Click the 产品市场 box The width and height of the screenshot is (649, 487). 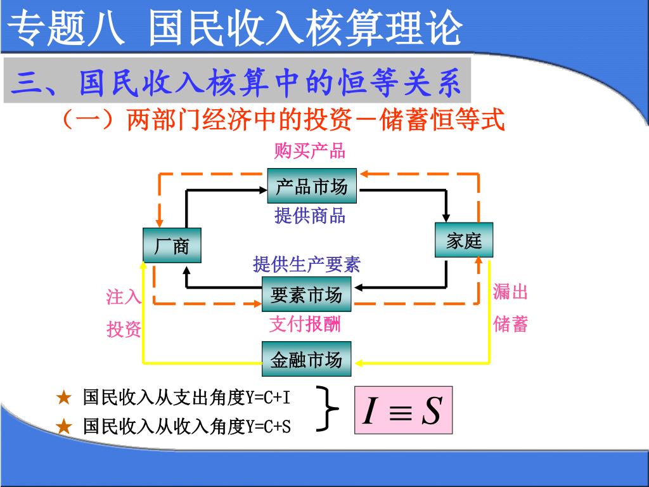pyautogui.click(x=312, y=186)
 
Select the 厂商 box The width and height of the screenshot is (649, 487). pyautogui.click(x=171, y=245)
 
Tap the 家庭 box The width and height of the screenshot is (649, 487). pyautogui.click(x=464, y=240)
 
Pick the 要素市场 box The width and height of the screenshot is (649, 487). pyautogui.click(x=307, y=295)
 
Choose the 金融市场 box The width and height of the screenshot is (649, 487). pyautogui.click(x=307, y=360)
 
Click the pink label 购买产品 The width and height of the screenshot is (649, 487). pyautogui.click(x=309, y=151)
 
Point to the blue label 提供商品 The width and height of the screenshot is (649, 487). pyautogui.click(x=309, y=216)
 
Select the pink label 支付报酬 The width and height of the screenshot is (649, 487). pyautogui.click(x=305, y=325)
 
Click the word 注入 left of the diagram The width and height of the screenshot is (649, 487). pyautogui.click(x=124, y=296)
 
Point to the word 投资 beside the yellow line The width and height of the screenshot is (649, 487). pyautogui.click(x=124, y=329)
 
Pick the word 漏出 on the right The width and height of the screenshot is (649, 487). pyautogui.click(x=510, y=292)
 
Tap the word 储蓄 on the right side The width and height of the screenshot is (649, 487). pyautogui.click(x=510, y=325)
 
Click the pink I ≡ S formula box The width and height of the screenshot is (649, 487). pyautogui.click(x=403, y=410)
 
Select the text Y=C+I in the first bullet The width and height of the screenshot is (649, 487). pyautogui.click(x=267, y=398)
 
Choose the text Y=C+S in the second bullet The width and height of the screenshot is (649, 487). pyautogui.click(x=267, y=426)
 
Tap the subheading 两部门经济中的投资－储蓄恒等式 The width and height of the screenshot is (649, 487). pyautogui.click(x=315, y=119)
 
